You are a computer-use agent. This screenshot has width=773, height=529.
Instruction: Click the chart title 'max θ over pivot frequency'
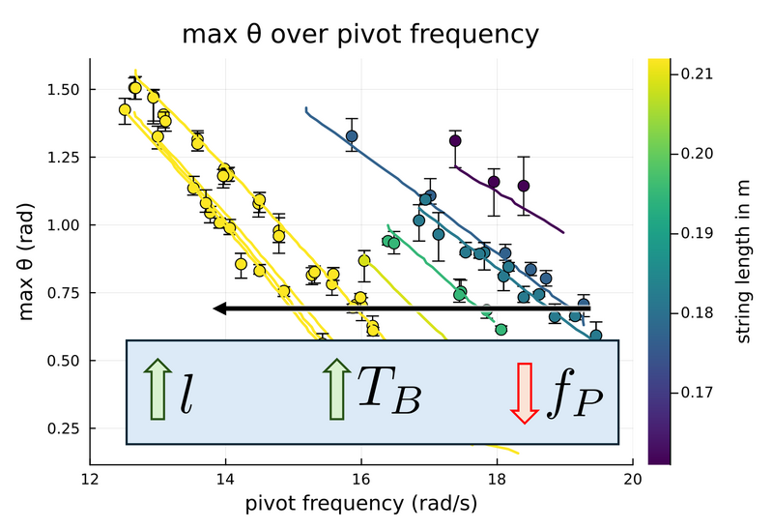click(360, 36)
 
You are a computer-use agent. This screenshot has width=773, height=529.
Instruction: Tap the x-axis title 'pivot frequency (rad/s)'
click(360, 503)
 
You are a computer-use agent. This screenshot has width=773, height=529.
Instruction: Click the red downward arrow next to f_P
click(524, 392)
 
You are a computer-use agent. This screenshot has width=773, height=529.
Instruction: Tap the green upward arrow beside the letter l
click(155, 389)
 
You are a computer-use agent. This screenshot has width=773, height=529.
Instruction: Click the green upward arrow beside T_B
click(335, 389)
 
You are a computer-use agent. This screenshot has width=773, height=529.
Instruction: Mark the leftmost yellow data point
click(124, 109)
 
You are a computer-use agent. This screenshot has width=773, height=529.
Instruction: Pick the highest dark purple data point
click(455, 141)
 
